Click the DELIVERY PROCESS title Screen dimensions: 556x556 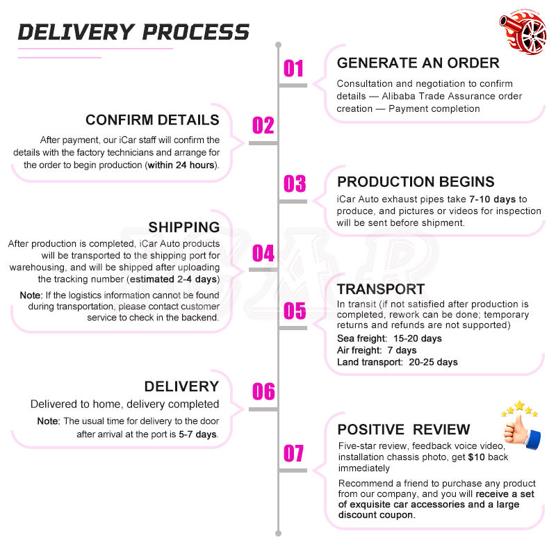[133, 32]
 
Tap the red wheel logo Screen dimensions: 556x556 [523, 32]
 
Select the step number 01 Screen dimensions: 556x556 [293, 68]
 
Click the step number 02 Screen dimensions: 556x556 [263, 126]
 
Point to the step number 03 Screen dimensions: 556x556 [294, 183]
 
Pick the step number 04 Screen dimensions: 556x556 [263, 253]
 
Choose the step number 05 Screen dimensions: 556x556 [294, 311]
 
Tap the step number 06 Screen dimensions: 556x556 [263, 391]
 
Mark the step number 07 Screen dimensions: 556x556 [293, 453]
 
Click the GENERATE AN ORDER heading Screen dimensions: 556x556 [418, 63]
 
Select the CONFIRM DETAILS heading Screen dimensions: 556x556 [152, 120]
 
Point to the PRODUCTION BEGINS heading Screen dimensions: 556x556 [416, 181]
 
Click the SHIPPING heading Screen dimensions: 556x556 [184, 227]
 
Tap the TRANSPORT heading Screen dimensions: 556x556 [381, 289]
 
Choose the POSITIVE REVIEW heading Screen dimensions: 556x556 [404, 430]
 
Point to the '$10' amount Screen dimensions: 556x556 [476, 457]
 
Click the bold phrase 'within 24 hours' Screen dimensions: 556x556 [181, 165]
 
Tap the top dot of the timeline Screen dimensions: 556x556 [279, 45]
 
